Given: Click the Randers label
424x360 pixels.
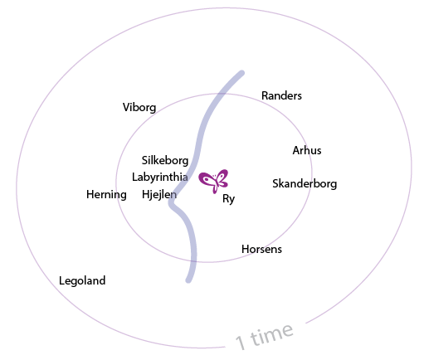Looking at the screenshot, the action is [x=281, y=95].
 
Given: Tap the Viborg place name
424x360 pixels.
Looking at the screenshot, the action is [x=139, y=108].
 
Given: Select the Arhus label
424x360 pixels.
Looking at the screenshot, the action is [x=307, y=150].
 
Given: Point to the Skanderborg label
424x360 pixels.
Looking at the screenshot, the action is [x=305, y=184].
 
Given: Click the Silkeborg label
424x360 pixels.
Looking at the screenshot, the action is [x=165, y=160].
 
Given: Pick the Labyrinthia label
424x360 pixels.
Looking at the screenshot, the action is [x=160, y=177].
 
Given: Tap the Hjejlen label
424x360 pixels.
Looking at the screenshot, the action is [x=159, y=194].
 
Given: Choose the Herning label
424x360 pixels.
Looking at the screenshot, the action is [x=106, y=195].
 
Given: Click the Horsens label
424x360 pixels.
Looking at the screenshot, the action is [x=261, y=249].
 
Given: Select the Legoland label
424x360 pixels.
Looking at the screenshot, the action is [x=82, y=280].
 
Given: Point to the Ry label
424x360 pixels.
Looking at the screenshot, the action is [x=228, y=199].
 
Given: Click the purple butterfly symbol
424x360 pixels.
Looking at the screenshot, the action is [x=213, y=181].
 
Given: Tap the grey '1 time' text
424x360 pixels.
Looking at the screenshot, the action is [x=264, y=336].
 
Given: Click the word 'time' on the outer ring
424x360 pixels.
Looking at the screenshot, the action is [x=271, y=334].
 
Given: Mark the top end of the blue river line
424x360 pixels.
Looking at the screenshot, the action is [x=242, y=73].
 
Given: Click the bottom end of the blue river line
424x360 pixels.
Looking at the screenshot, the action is [x=188, y=280].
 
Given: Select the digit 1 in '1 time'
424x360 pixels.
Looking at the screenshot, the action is [x=241, y=343].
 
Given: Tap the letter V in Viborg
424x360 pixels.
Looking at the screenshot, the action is [x=126, y=107].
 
